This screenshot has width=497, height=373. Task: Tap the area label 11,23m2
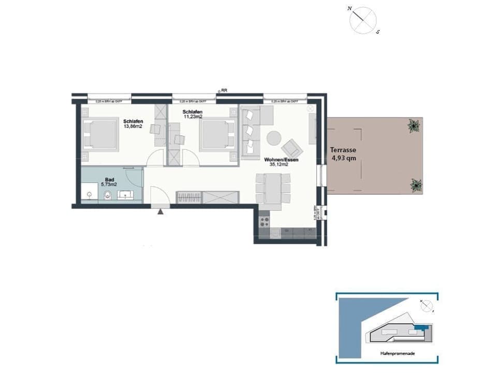pyautogui.click(x=192, y=117)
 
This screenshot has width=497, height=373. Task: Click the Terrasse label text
pyautogui.click(x=343, y=150)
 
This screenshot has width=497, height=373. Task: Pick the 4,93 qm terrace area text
pyautogui.click(x=344, y=159)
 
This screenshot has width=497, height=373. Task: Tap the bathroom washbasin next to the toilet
pyautogui.click(x=126, y=195)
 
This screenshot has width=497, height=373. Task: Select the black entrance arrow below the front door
pyautogui.click(x=161, y=211)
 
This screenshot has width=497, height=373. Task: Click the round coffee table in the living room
pyautogui.click(x=274, y=138)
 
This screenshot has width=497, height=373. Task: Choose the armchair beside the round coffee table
pyautogui.click(x=293, y=149)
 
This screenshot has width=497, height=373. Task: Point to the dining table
pyautogui.click(x=273, y=188)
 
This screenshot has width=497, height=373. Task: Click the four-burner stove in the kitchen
pyautogui.click(x=264, y=222)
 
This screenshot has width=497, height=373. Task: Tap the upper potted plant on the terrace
pyautogui.click(x=413, y=125)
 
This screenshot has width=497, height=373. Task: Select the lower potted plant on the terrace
pyautogui.click(x=416, y=185)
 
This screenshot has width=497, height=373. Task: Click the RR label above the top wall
pyautogui.click(x=224, y=90)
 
